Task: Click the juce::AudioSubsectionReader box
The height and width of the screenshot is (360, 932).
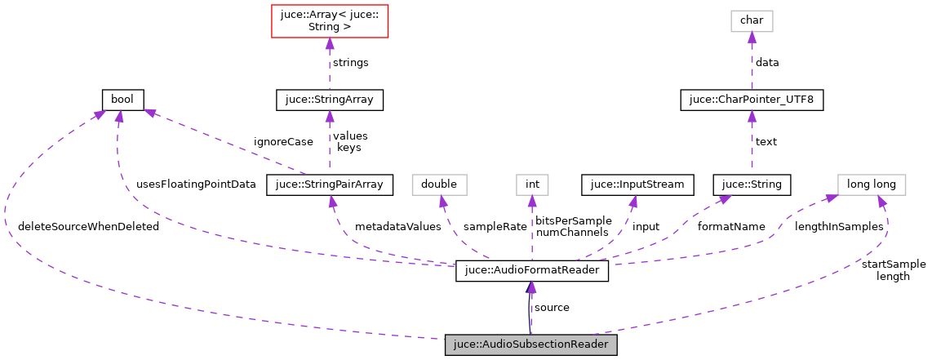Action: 530,345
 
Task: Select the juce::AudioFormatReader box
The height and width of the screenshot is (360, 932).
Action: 532,271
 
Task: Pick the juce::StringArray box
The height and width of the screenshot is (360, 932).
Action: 329,100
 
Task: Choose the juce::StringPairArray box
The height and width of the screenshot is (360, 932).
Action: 330,184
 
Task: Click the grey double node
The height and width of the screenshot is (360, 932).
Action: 440,184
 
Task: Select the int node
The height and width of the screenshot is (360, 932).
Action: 532,184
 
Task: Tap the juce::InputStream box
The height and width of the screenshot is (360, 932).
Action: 637,184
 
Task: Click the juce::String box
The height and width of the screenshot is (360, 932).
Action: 752,184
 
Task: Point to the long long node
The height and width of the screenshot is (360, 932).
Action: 872,184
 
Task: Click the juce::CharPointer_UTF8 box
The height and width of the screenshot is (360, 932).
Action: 752,100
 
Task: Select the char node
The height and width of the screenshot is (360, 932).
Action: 752,20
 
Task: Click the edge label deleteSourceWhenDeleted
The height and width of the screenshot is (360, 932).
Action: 88,226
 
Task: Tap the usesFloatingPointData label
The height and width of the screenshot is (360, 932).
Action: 196,184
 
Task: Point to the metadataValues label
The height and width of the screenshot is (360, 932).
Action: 397,226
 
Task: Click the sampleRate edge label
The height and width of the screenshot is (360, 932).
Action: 495,226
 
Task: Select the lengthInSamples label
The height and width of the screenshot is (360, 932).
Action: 839,226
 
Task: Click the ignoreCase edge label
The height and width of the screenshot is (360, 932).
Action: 283,141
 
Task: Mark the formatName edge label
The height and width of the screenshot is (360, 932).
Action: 731,226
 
